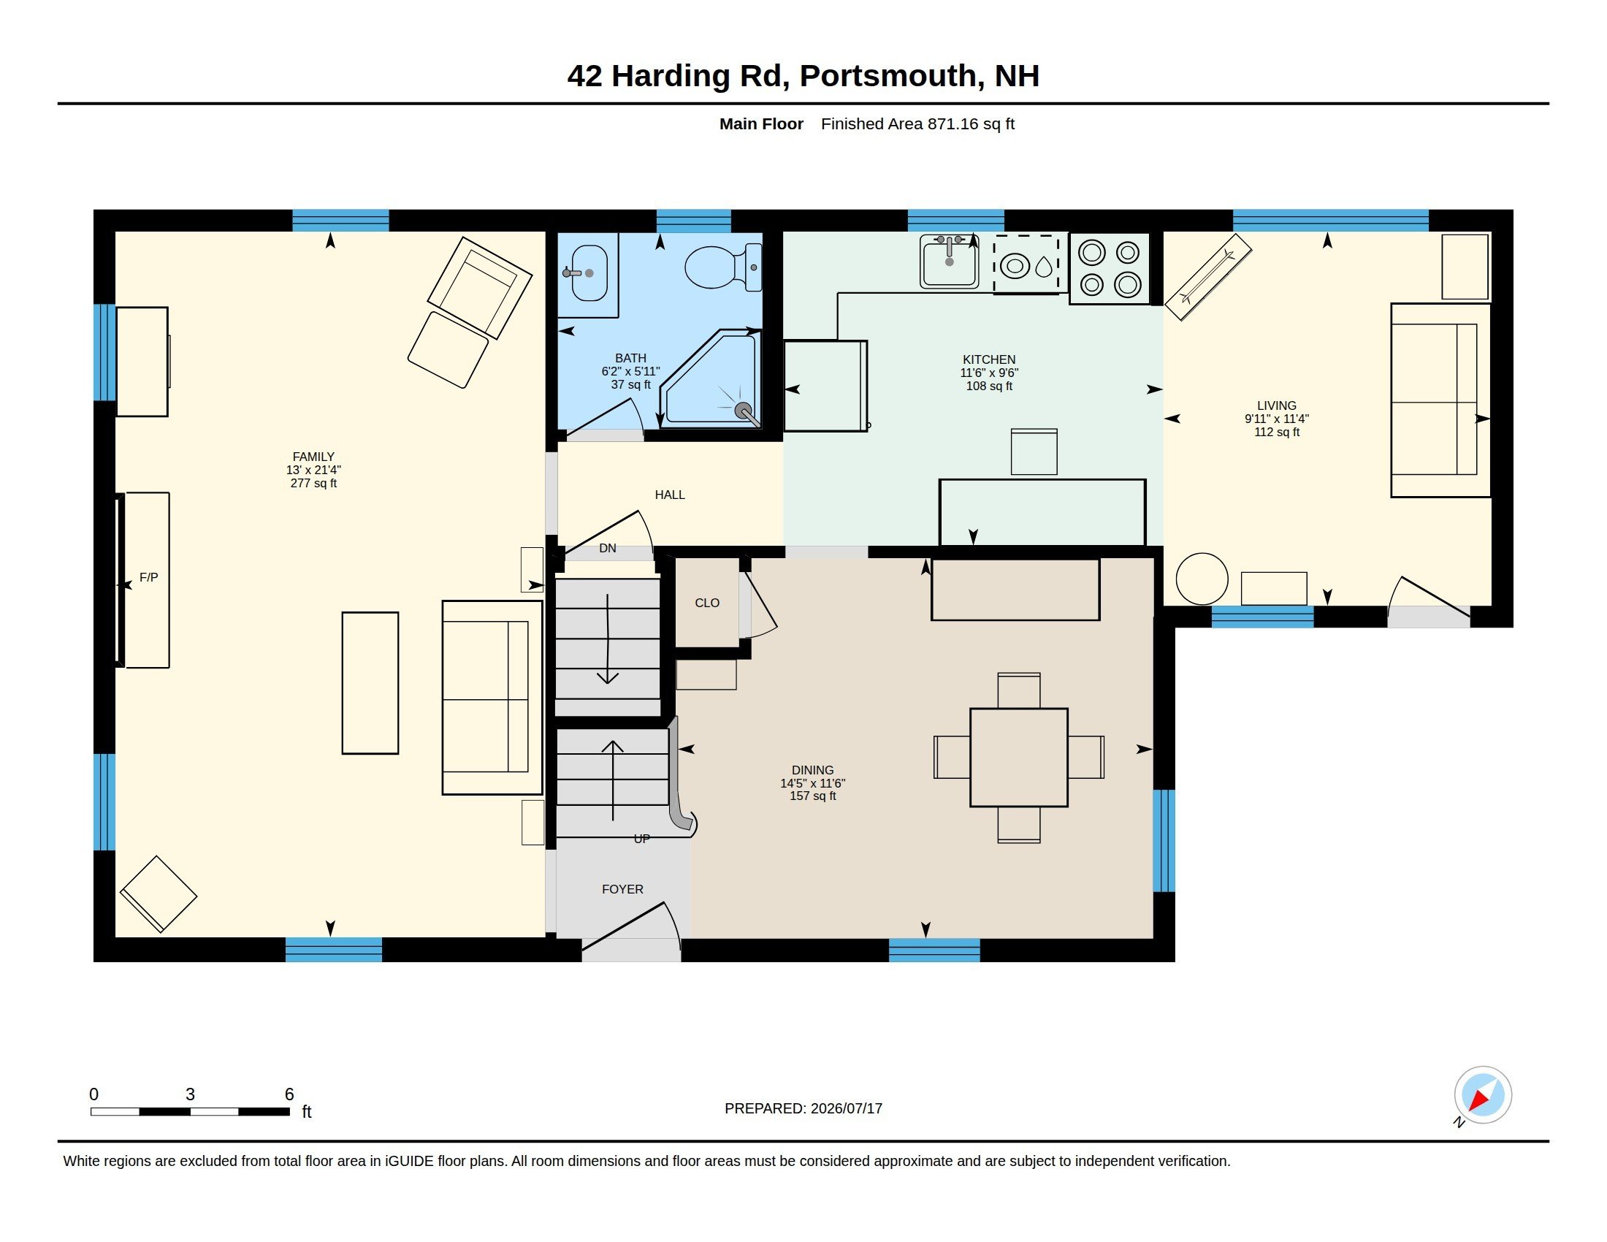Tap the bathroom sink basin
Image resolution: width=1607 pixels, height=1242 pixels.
tap(589, 273)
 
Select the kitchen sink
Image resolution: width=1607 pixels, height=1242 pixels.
tap(949, 262)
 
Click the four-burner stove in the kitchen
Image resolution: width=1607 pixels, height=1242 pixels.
tap(1110, 269)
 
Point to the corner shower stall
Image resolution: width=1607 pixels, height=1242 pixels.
tap(711, 379)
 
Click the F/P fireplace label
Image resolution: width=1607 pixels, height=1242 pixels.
tap(148, 578)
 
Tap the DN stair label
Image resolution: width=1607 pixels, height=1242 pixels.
tap(608, 548)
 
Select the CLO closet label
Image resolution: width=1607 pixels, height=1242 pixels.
tap(707, 603)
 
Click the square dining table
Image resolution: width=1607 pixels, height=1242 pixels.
tap(1018, 757)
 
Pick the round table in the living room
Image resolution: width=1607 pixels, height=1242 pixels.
tap(1202, 579)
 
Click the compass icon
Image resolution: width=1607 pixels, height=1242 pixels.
tap(1482, 1096)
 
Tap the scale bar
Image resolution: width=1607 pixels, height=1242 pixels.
tap(190, 1111)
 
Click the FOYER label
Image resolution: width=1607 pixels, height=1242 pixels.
tap(622, 890)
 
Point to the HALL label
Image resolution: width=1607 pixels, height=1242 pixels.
tap(670, 495)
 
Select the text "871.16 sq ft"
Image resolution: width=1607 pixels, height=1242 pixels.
tap(971, 123)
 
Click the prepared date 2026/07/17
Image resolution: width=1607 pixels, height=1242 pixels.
tap(846, 1108)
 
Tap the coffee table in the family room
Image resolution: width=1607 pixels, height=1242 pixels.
tap(370, 683)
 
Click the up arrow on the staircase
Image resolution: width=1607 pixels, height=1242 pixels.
tap(612, 780)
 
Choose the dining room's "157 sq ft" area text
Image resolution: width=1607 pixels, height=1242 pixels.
tap(812, 796)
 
